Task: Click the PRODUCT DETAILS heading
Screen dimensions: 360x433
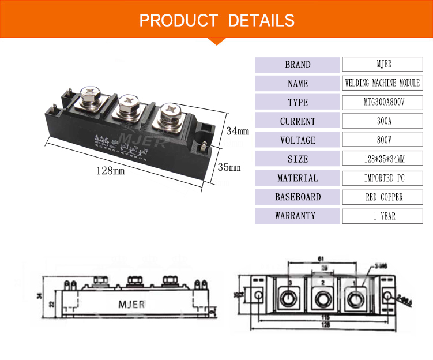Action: click(x=217, y=21)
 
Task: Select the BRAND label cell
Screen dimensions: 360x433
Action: click(x=298, y=65)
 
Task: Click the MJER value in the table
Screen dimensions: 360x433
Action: click(x=382, y=64)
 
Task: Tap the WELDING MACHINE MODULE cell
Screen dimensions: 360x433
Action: click(x=382, y=83)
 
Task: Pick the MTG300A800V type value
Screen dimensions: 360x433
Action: click(x=382, y=102)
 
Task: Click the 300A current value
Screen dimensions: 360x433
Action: click(x=382, y=121)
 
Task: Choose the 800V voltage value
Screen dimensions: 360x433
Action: click(x=382, y=140)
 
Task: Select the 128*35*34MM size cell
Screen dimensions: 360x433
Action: click(x=382, y=159)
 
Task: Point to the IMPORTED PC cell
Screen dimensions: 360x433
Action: click(x=382, y=178)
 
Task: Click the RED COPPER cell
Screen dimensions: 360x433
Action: click(x=382, y=197)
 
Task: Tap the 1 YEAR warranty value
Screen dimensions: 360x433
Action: click(x=382, y=216)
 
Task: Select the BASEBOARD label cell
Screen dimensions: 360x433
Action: click(x=298, y=197)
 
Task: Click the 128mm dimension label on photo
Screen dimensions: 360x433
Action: click(x=110, y=171)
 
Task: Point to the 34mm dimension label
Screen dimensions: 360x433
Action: click(x=237, y=131)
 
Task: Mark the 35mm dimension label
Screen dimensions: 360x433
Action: click(x=229, y=167)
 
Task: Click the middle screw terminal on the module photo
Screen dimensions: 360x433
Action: click(x=127, y=105)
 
